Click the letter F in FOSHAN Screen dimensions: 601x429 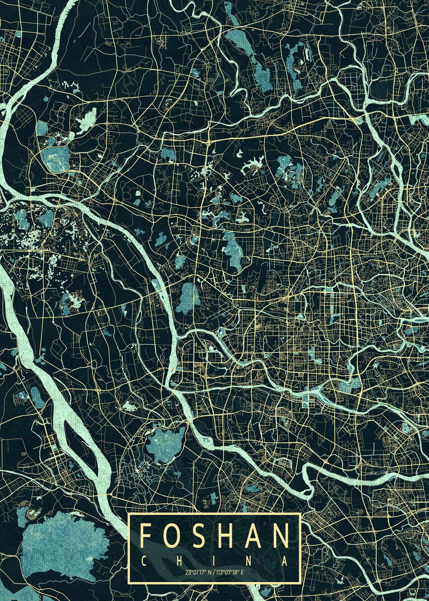(146, 536)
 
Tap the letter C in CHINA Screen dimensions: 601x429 (144, 561)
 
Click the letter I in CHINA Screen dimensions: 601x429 (215, 561)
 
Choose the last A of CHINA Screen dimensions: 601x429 (285, 561)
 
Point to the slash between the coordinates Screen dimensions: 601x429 (214, 571)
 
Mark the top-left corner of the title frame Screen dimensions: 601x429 (129, 514)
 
